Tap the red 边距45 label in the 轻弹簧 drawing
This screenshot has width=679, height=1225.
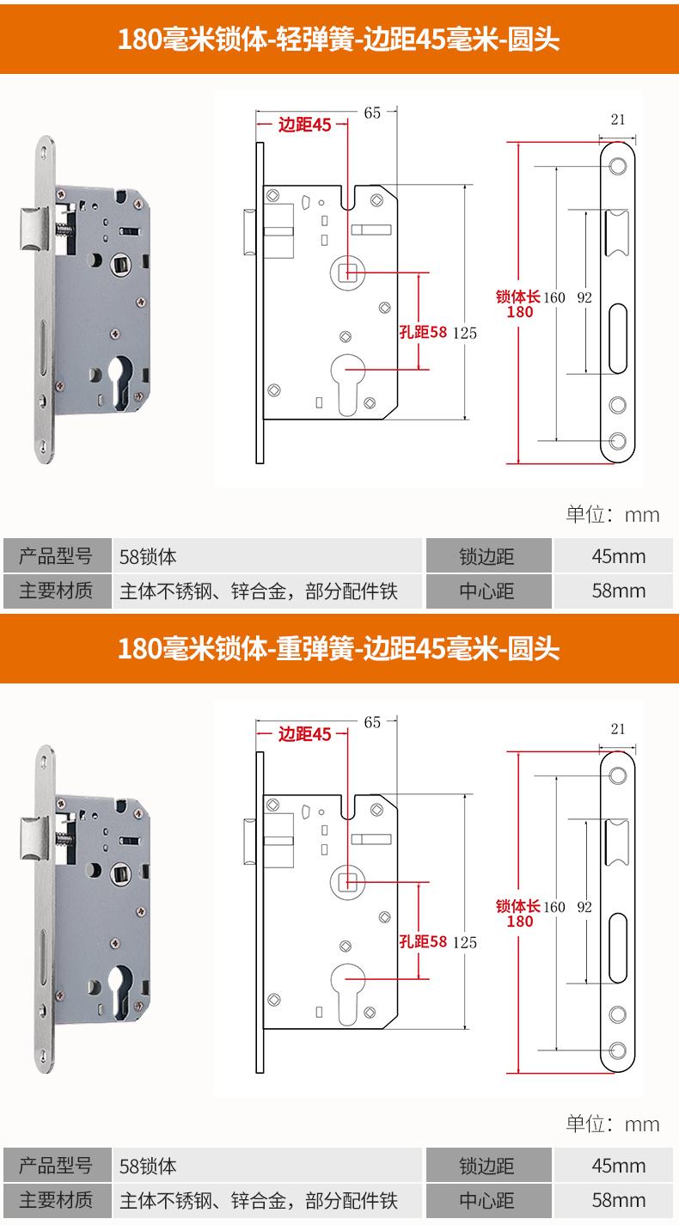pyautogui.click(x=304, y=125)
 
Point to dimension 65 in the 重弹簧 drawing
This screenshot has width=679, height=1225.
pyautogui.click(x=371, y=721)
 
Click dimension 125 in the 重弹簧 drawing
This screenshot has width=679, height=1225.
pyautogui.click(x=463, y=941)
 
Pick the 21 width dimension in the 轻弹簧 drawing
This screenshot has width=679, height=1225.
pyautogui.click(x=617, y=119)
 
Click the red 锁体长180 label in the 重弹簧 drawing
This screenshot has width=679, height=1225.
pyautogui.click(x=519, y=913)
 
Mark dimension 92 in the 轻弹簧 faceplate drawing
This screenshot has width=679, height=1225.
pyautogui.click(x=584, y=297)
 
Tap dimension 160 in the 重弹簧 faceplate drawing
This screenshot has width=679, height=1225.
pyautogui.click(x=554, y=906)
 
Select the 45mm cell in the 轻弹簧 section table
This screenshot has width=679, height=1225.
pyautogui.click(x=618, y=556)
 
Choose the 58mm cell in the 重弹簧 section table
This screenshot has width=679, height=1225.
pyautogui.click(x=618, y=1199)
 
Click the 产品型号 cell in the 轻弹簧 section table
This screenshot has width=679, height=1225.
pyautogui.click(x=56, y=556)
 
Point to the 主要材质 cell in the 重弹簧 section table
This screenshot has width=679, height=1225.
pyautogui.click(x=56, y=1199)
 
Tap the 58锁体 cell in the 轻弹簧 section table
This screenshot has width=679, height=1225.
pyautogui.click(x=148, y=556)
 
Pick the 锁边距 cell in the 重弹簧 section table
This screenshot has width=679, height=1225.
pyautogui.click(x=487, y=1166)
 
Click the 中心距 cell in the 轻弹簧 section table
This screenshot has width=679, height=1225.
pyautogui.click(x=487, y=591)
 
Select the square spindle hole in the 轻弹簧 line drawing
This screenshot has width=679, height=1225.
pyautogui.click(x=349, y=273)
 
